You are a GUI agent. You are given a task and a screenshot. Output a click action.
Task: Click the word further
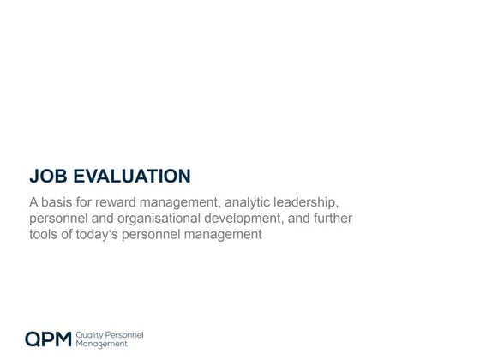tap(330, 218)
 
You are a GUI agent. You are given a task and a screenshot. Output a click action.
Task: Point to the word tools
tap(44, 233)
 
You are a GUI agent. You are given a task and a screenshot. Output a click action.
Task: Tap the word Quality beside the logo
tap(90, 333)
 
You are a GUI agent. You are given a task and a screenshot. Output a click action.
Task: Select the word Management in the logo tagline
tap(102, 343)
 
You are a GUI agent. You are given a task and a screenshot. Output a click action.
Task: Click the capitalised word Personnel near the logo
tap(125, 333)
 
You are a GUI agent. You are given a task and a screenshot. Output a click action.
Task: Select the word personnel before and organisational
tap(59, 219)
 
